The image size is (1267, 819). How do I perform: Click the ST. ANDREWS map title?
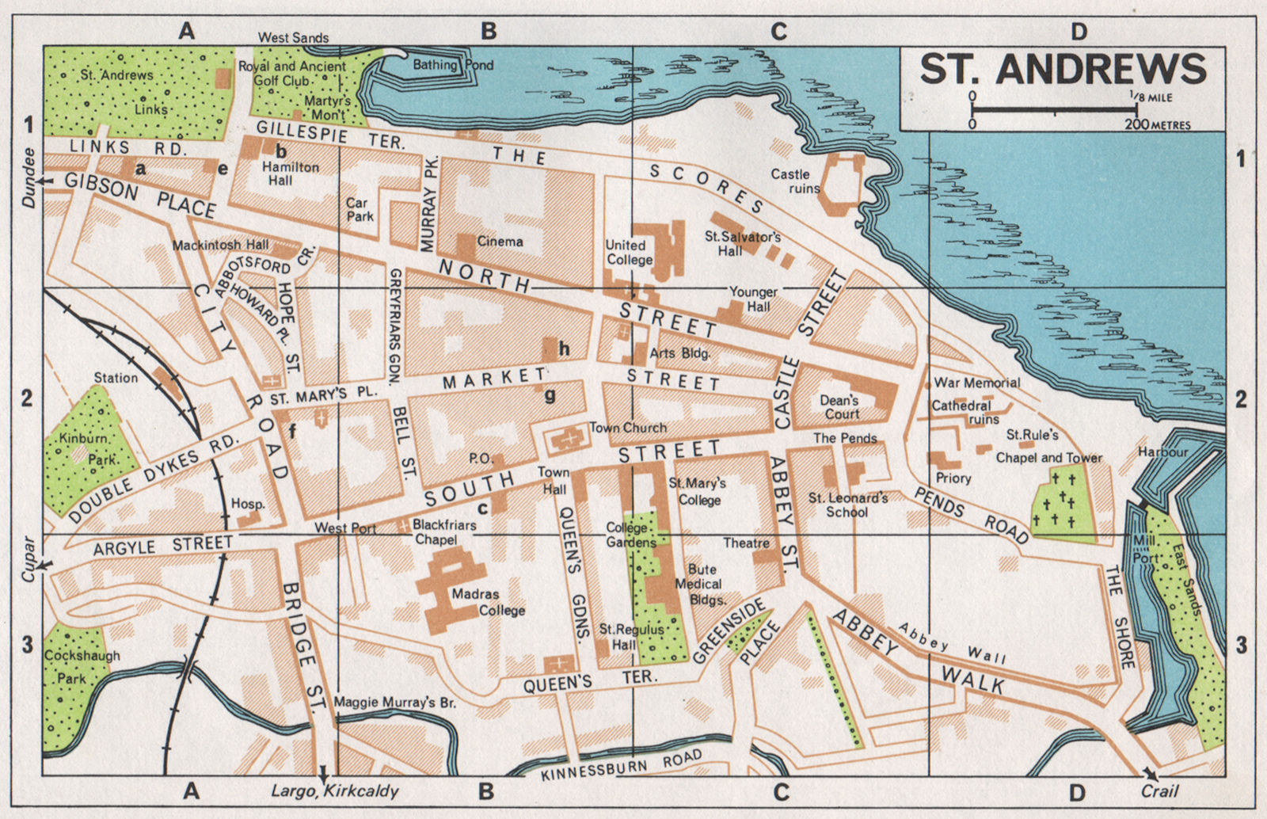point(1063,69)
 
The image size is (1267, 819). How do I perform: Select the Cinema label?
point(500,241)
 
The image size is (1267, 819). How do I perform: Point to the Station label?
point(116,378)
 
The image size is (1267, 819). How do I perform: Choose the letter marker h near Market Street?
point(564,349)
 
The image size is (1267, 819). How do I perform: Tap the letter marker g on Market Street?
point(550,394)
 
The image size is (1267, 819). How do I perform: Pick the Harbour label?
point(1162,452)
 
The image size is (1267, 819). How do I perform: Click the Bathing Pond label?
point(453,65)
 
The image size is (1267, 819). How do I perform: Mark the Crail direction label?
point(1159,791)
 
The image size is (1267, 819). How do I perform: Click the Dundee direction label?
point(29,177)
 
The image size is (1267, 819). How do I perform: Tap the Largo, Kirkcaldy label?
point(335,790)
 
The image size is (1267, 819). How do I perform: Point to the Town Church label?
point(628,428)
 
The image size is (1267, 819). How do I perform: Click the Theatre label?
point(746,543)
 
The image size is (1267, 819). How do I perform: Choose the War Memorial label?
point(976,383)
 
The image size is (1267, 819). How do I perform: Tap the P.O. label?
point(481,458)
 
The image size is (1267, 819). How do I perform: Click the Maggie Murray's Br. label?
point(395,702)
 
